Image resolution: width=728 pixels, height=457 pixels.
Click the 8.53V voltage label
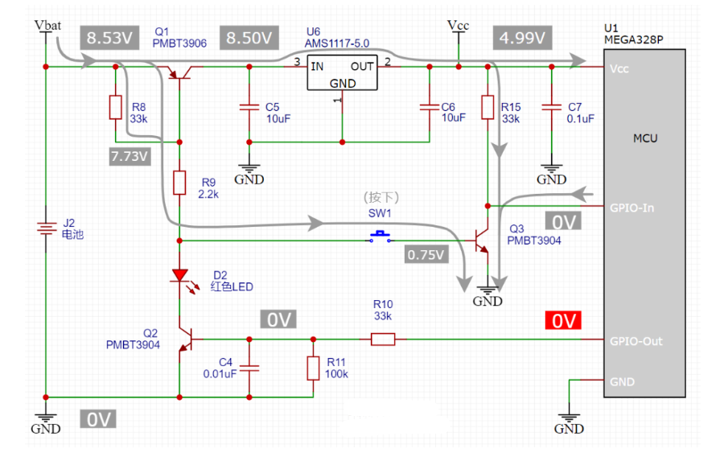[x=108, y=39]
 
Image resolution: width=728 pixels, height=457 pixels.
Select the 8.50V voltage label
[x=249, y=38]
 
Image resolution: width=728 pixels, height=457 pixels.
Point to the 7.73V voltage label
[x=130, y=156]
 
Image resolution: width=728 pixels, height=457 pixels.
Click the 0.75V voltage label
[x=426, y=254]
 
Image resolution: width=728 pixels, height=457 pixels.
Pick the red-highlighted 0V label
[x=564, y=321]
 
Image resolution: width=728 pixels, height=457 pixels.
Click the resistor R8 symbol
[x=115, y=108]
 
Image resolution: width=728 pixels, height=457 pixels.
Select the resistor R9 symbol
[x=179, y=183]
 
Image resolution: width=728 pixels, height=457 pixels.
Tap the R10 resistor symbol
[x=383, y=340]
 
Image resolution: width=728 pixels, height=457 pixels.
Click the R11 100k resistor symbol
[x=313, y=368]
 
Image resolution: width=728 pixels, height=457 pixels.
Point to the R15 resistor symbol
[x=487, y=108]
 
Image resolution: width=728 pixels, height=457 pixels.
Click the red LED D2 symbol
[x=179, y=276]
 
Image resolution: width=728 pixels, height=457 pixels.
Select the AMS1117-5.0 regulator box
[x=342, y=73]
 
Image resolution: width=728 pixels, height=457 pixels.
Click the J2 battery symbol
[x=46, y=229]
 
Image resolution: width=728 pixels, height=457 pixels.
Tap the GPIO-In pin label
[x=632, y=208]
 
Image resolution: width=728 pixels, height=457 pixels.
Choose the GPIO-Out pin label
[x=636, y=340]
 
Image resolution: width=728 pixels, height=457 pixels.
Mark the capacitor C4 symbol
[x=249, y=368]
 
